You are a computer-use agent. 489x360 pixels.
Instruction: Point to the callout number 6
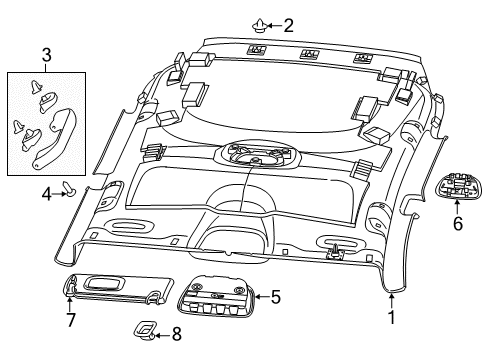click(x=457, y=225)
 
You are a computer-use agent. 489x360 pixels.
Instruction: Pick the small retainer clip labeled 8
click(x=147, y=331)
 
